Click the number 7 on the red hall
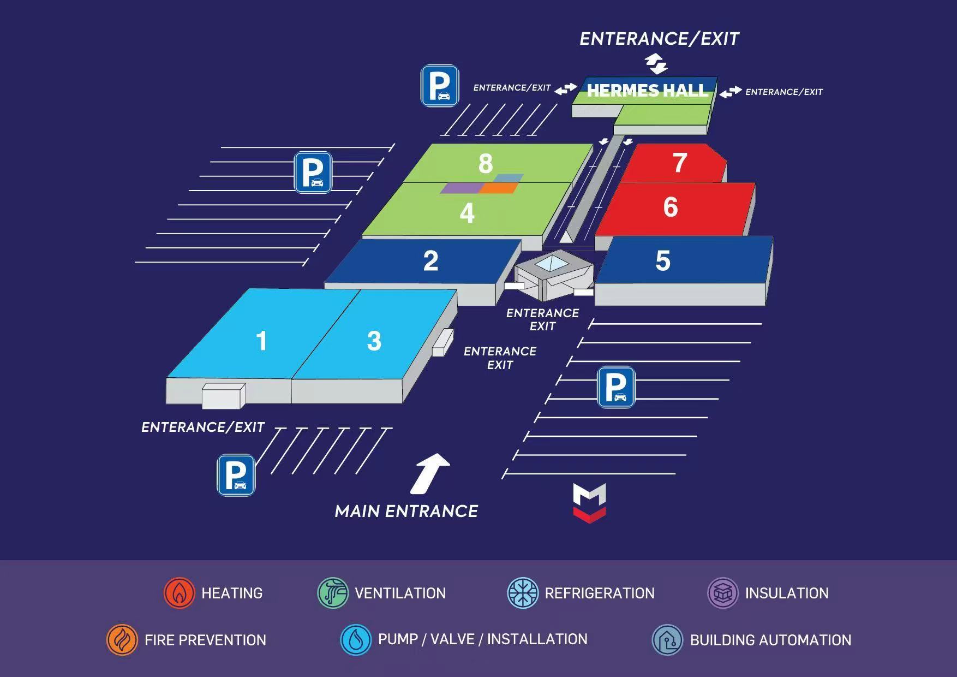click(x=679, y=163)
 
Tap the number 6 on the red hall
click(x=671, y=207)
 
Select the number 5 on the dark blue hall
click(x=663, y=261)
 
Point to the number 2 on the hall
click(x=430, y=261)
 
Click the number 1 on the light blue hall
click(x=261, y=341)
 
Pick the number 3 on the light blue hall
click(x=374, y=341)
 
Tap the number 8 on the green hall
click(x=486, y=163)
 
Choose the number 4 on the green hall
click(x=467, y=213)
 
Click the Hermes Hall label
click(x=647, y=91)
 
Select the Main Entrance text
click(x=406, y=512)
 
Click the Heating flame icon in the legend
click(x=179, y=593)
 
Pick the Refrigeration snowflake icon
click(x=523, y=593)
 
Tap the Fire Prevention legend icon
click(x=122, y=640)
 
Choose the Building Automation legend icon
click(x=667, y=640)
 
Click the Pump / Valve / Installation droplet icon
click(x=356, y=640)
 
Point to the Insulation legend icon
click(x=723, y=593)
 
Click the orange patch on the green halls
click(x=498, y=188)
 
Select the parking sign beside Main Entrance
click(x=236, y=475)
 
